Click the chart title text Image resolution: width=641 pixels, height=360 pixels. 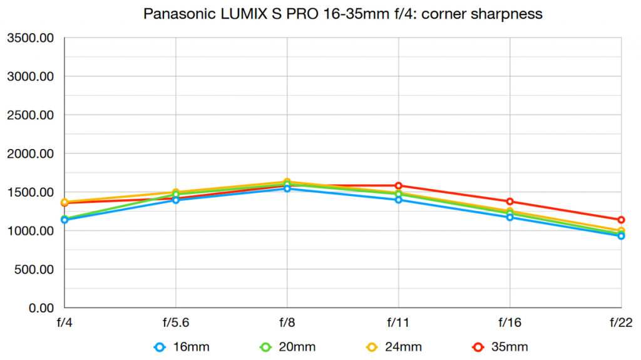343,14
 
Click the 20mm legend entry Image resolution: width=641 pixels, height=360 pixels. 289,346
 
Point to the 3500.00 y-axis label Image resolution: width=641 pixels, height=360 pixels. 31,39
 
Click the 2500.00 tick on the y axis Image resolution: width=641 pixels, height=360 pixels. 31,116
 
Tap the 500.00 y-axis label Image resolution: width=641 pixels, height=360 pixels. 34,270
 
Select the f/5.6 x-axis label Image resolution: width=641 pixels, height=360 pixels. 176,323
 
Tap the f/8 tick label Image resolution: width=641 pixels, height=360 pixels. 287,323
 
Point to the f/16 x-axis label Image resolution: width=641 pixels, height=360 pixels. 510,323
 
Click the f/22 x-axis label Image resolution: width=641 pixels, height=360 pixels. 620,323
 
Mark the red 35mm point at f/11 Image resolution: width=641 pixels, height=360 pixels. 398,186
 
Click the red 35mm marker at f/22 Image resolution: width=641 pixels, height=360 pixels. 621,220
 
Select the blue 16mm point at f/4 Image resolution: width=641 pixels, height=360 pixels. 64,220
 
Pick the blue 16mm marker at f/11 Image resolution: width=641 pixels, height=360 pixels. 398,200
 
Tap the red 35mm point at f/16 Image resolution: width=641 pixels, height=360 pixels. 510,202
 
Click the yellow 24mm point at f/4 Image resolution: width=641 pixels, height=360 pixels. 64,202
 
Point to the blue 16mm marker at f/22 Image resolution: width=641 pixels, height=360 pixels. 621,236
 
